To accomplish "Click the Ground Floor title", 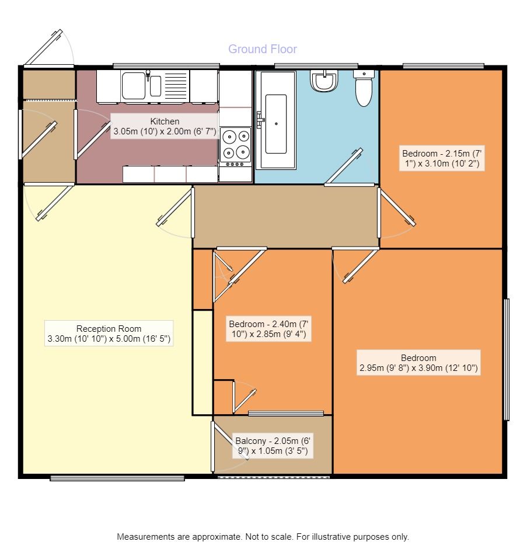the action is click(x=263, y=49).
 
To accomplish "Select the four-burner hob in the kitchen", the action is click(x=235, y=147).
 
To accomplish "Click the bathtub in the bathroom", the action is click(x=276, y=120).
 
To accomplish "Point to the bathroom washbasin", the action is click(x=324, y=81).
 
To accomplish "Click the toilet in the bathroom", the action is click(x=364, y=88).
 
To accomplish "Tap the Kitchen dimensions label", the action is click(x=165, y=126).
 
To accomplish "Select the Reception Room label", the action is click(x=109, y=334).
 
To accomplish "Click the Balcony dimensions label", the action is click(x=273, y=446).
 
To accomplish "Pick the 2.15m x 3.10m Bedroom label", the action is click(x=442, y=158).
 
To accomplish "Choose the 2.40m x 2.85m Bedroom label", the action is click(x=268, y=329).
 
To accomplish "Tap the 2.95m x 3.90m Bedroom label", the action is click(x=418, y=363).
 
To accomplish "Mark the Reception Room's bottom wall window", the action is click(x=117, y=478).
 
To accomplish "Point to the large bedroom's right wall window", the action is click(x=507, y=359).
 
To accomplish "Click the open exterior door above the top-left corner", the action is click(x=43, y=48).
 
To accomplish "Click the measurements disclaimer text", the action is click(x=263, y=537).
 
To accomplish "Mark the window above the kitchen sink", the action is click(x=166, y=65).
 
